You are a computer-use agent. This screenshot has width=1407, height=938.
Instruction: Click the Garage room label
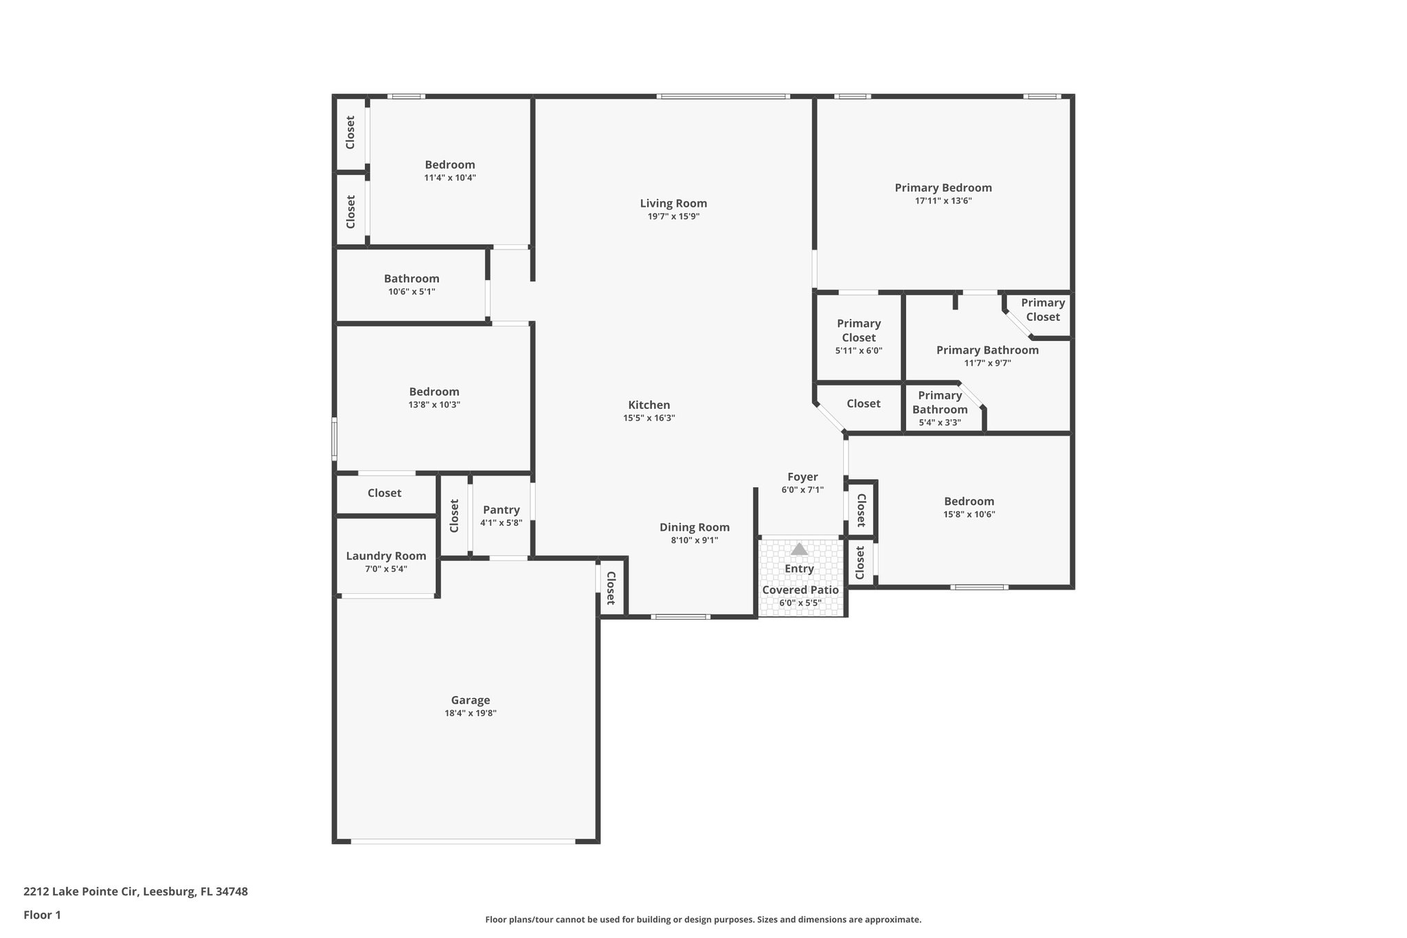pyautogui.click(x=470, y=700)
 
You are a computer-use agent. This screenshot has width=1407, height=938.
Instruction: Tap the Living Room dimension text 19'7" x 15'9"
pyautogui.click(x=673, y=216)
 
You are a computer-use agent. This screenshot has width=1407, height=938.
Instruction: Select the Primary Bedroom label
pyautogui.click(x=943, y=188)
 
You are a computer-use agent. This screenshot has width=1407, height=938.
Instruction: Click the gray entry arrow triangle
pyautogui.click(x=799, y=549)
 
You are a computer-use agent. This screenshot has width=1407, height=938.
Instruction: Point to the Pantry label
pyautogui.click(x=501, y=510)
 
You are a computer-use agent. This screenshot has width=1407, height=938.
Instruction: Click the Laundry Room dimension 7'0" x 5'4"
pyautogui.click(x=386, y=569)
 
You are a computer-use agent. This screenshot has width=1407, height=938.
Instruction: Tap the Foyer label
pyautogui.click(x=802, y=477)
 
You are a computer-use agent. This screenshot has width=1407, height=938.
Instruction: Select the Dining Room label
pyautogui.click(x=695, y=527)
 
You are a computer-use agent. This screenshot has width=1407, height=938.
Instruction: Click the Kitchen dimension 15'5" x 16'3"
pyautogui.click(x=649, y=418)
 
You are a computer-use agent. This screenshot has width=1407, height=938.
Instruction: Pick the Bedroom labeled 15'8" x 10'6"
pyautogui.click(x=969, y=502)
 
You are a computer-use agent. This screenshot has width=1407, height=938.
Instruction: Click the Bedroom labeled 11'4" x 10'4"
pyautogui.click(x=449, y=165)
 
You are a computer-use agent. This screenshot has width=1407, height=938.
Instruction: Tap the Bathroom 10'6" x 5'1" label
pyautogui.click(x=412, y=279)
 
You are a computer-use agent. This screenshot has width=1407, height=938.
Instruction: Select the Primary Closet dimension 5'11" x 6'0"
pyautogui.click(x=858, y=350)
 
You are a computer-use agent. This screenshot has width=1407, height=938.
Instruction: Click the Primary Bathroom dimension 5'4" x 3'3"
pyautogui.click(x=940, y=423)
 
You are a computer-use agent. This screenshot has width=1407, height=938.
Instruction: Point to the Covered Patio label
pyautogui.click(x=800, y=590)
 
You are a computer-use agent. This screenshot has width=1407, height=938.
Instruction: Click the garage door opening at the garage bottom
pyautogui.click(x=463, y=840)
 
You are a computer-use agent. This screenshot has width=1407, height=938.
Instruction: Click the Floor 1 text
pyautogui.click(x=42, y=915)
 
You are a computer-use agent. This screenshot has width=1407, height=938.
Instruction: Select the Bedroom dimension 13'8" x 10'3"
pyautogui.click(x=434, y=405)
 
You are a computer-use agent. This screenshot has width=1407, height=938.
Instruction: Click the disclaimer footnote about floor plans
pyautogui.click(x=703, y=919)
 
